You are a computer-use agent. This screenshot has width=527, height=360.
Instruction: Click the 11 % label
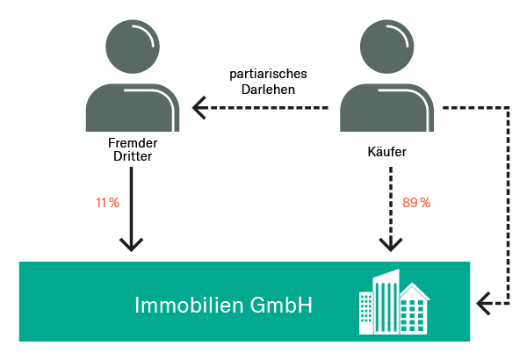click(107, 203)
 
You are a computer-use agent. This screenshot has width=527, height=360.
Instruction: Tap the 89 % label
click(416, 203)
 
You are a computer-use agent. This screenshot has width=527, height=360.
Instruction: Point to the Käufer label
click(388, 152)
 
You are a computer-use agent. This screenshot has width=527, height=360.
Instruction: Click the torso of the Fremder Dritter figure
click(132, 108)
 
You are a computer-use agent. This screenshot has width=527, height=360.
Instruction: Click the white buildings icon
click(395, 303)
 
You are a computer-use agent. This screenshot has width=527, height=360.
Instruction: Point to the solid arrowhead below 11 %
click(131, 245)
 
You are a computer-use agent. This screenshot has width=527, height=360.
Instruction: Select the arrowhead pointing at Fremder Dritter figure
click(200, 108)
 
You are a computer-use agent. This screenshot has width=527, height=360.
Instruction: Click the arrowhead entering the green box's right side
click(482, 304)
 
